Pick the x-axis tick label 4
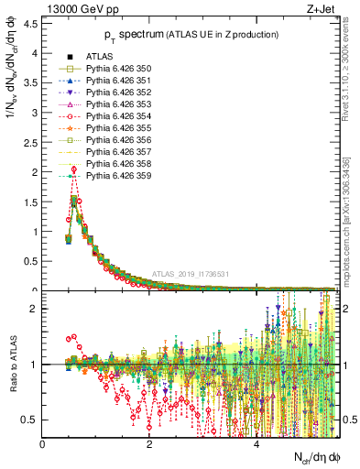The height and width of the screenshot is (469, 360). point(256,444)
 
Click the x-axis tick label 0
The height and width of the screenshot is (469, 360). point(43,444)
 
